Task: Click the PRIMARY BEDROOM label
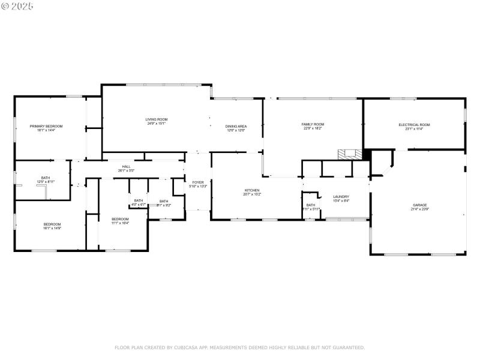pos(46,126)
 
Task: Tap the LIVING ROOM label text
pos(156,119)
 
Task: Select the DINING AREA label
pos(236,126)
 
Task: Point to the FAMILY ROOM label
pos(313,124)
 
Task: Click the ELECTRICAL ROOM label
pos(414,125)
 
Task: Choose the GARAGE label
pos(419,205)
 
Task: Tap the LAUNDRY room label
pos(341,197)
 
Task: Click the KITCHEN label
pos(251,190)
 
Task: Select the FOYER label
pos(198,182)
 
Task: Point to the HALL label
pos(127,167)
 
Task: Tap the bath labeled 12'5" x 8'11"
pos(46,182)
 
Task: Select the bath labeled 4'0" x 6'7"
pos(139,205)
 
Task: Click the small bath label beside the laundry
pos(310,205)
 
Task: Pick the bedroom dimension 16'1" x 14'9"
pos(52,228)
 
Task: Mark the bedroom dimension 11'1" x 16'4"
pos(120,223)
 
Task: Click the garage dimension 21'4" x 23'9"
pos(419,209)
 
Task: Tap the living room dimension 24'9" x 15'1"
pos(156,124)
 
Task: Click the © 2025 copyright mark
pos(17,6)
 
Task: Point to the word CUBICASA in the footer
pos(187,347)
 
